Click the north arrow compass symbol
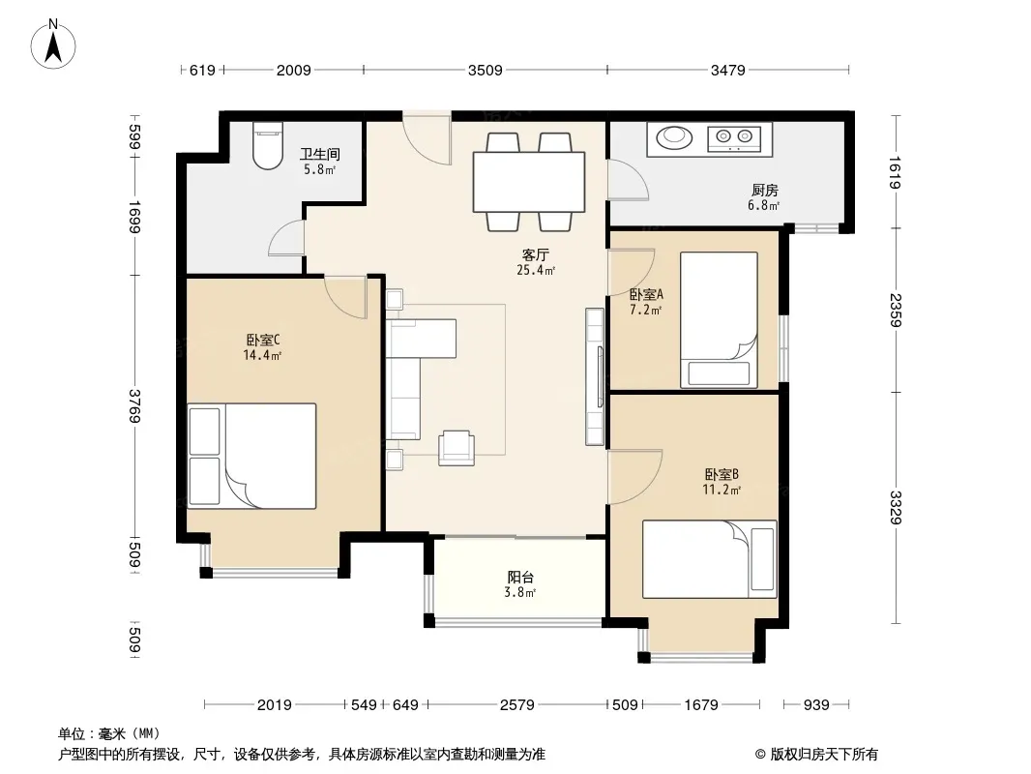tap(53, 45)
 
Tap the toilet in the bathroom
tap(268, 145)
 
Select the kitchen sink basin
tap(674, 137)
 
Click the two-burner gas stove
tap(734, 137)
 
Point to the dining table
tap(529, 182)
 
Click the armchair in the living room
tap(457, 448)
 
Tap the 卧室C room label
tap(263, 340)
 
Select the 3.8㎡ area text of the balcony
tap(519, 592)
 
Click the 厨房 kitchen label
tap(765, 190)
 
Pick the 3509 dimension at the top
tap(485, 70)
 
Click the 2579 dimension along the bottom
tap(516, 705)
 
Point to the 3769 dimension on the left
tap(134, 405)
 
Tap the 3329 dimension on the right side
tap(896, 507)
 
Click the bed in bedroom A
tap(719, 319)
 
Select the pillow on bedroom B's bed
tap(762, 559)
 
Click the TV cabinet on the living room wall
tap(595, 376)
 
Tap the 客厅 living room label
tap(535, 254)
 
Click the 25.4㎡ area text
tap(536, 270)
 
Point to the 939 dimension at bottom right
tap(816, 705)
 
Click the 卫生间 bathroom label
tap(319, 154)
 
